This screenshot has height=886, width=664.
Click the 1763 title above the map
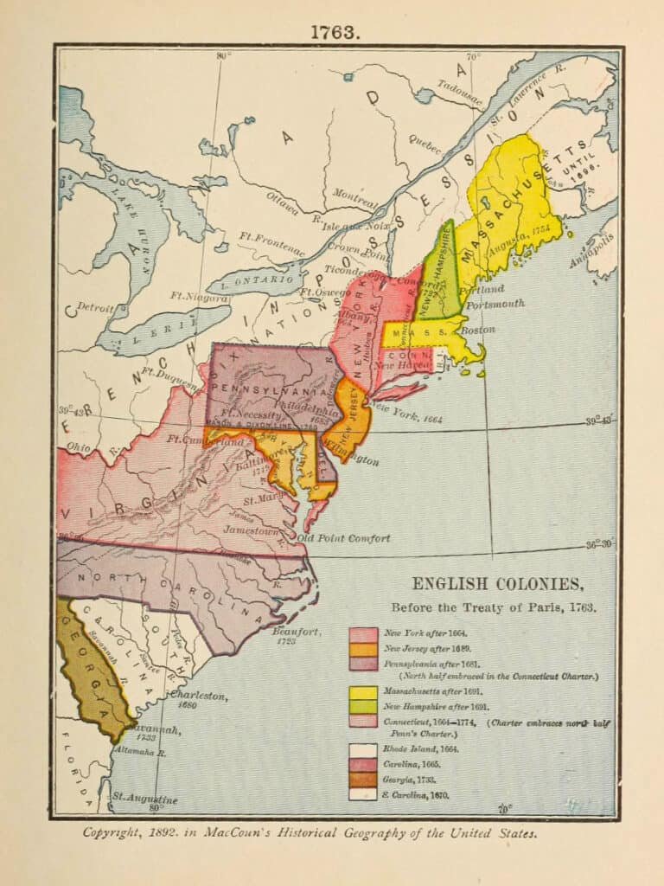[x=333, y=32]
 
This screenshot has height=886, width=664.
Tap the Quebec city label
[x=424, y=142]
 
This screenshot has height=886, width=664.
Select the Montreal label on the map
[x=355, y=196]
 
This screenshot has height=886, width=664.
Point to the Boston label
[x=478, y=330]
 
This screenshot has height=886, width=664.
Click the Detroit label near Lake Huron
[x=94, y=307]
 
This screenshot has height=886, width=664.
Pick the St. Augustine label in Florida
[x=144, y=799]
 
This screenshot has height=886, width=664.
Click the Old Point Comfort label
[x=343, y=538]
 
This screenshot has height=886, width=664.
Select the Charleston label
[x=199, y=695]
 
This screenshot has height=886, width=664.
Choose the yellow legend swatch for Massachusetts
[x=363, y=692]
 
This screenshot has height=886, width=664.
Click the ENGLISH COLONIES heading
[x=490, y=583]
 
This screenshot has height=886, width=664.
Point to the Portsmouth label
[x=495, y=304]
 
